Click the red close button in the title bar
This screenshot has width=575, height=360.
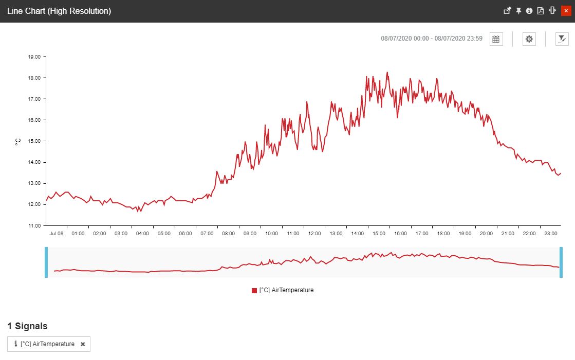(x=565, y=11)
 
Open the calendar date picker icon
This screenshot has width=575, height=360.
(x=496, y=39)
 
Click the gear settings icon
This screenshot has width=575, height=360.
(x=529, y=39)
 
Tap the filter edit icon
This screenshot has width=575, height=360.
(x=562, y=39)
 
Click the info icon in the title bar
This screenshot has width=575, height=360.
(x=529, y=11)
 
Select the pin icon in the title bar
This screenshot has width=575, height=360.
(x=518, y=11)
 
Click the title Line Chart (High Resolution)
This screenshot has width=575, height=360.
(x=59, y=11)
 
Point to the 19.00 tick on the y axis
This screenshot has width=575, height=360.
(x=34, y=57)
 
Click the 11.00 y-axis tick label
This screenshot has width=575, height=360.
(x=34, y=225)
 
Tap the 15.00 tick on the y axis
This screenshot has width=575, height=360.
(x=34, y=141)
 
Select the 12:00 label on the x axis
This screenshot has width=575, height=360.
(x=314, y=234)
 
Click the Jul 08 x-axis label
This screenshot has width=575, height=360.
(x=57, y=234)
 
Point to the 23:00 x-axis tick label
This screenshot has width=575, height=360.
(x=551, y=234)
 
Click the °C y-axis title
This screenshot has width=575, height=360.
(x=18, y=141)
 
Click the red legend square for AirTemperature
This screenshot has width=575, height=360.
(x=254, y=291)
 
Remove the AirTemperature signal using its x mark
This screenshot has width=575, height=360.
(x=83, y=344)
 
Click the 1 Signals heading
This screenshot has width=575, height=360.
(x=27, y=326)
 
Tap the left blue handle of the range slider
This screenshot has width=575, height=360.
(x=46, y=262)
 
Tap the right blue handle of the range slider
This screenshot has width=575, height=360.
(x=561, y=262)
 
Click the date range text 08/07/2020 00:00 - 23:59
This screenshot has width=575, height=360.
(x=432, y=39)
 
